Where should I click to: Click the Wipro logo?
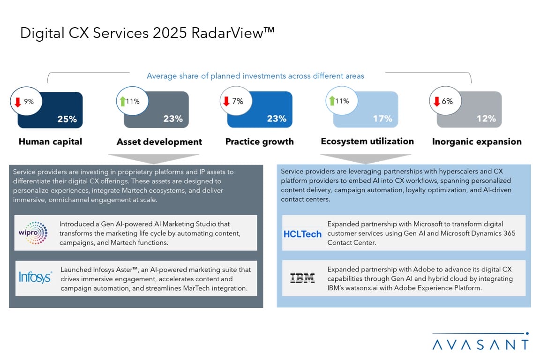[36, 232]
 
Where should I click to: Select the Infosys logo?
[35, 277]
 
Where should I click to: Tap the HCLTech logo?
[302, 233]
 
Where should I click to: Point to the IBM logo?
[302, 278]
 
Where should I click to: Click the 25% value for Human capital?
[67, 119]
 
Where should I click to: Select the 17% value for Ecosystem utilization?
[382, 119]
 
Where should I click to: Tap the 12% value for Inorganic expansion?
[486, 119]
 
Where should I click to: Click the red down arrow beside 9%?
[18, 101]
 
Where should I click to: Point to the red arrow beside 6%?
[436, 101]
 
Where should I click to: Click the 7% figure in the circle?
[238, 101]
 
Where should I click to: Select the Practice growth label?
[259, 142]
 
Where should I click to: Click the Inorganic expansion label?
[477, 142]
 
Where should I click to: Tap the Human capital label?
[50, 142]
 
